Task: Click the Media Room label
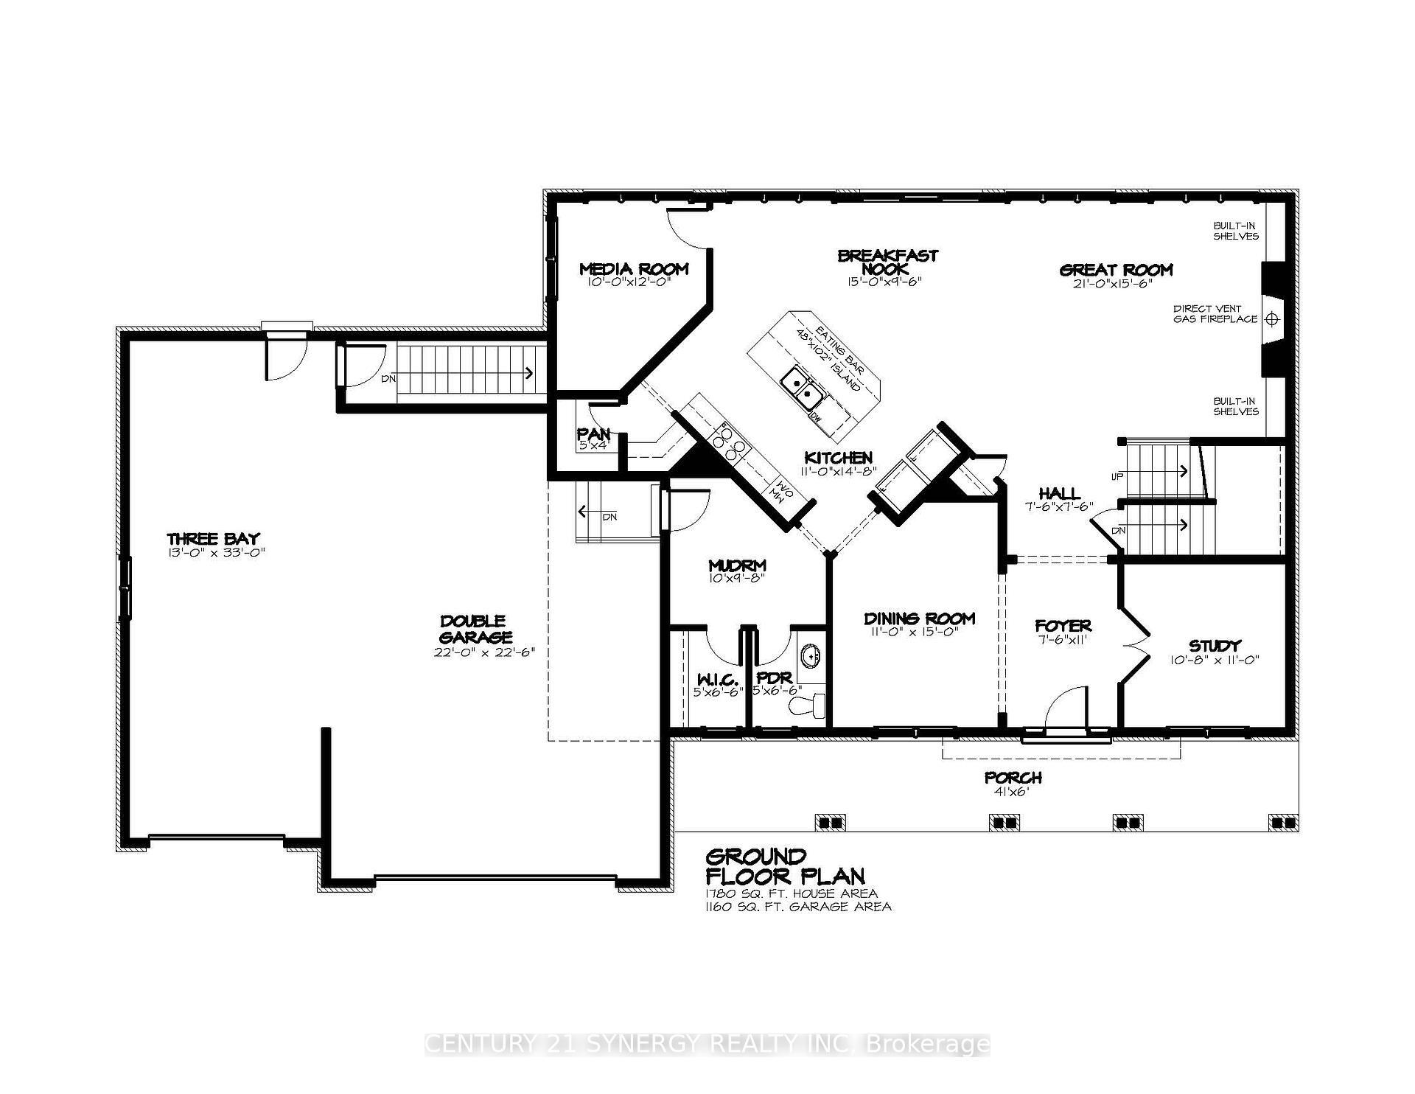633,269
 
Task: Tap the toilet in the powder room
808,705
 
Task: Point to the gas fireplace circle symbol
1271,319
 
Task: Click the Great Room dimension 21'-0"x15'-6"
1113,283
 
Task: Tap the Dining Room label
919,619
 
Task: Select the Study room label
1215,646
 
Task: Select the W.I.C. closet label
714,678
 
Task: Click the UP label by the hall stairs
1117,476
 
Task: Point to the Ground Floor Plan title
785,866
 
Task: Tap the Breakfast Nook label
887,262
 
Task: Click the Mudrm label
736,565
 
